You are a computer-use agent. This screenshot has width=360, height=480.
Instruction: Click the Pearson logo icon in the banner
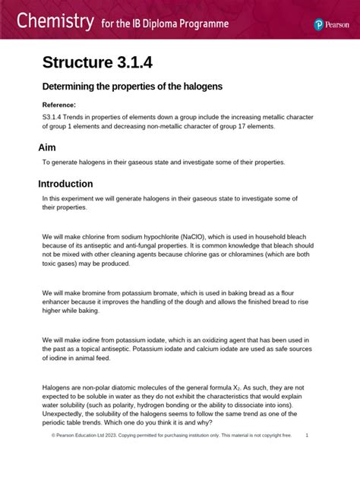pyautogui.click(x=320, y=24)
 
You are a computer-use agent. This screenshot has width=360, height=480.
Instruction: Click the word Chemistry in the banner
pyautogui.click(x=51, y=21)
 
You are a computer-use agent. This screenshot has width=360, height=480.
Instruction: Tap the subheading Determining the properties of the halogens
pyautogui.click(x=132, y=87)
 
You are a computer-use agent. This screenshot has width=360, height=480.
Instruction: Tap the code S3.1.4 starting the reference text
pyautogui.click(x=55, y=118)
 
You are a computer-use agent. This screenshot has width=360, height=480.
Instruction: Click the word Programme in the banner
pyautogui.click(x=201, y=24)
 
